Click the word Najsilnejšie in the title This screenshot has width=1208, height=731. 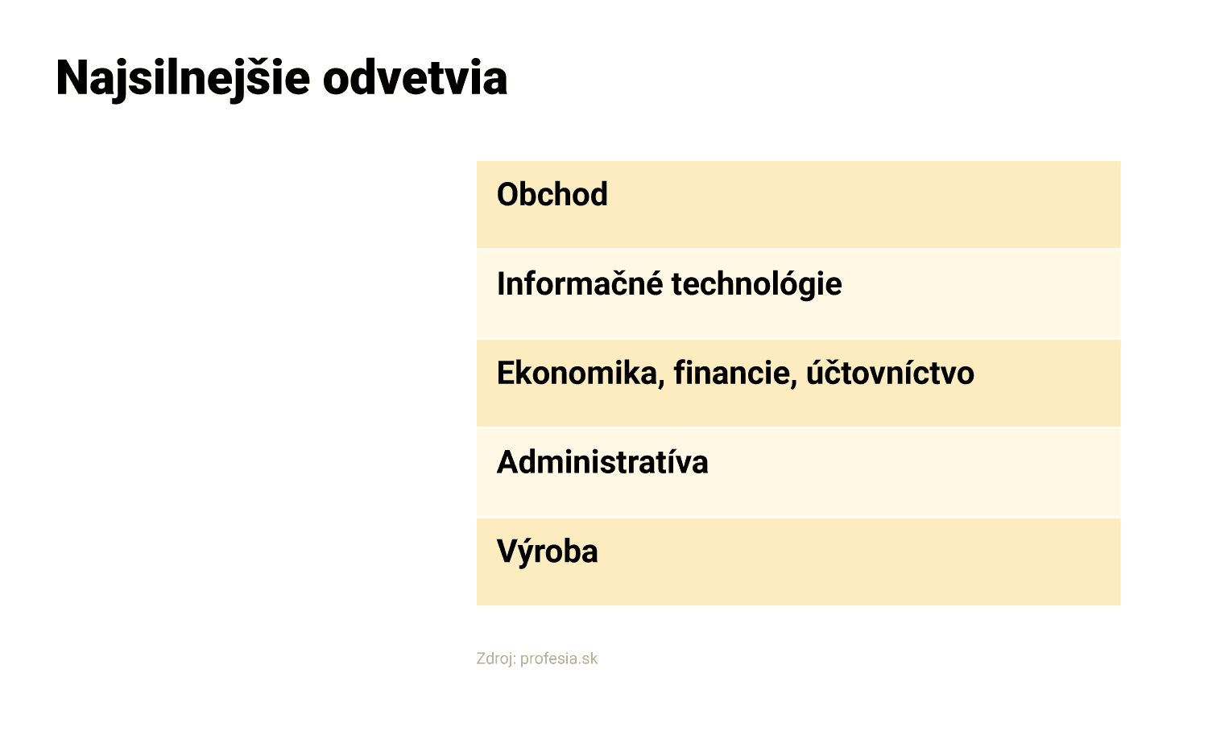183,79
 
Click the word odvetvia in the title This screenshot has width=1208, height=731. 416,79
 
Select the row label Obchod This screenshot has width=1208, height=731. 552,194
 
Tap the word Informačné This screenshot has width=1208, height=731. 580,283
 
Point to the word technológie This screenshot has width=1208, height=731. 756,284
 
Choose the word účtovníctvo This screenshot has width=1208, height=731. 890,373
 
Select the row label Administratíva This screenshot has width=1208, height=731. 602,462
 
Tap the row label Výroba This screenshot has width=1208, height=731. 547,551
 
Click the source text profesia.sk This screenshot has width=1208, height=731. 559,659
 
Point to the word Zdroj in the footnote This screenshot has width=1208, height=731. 496,659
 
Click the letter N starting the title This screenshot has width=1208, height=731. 72,79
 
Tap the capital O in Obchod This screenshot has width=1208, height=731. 507,195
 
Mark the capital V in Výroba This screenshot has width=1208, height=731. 507,551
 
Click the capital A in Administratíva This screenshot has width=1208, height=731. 508,462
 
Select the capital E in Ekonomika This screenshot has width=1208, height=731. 505,373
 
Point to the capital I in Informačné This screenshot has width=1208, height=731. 500,283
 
